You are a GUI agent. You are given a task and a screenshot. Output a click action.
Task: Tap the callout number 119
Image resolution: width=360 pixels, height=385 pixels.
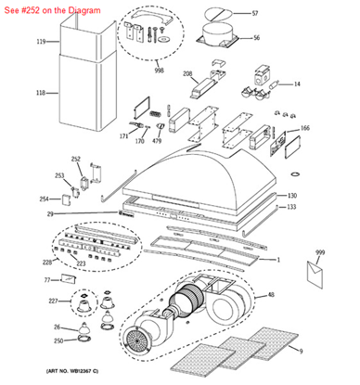41,43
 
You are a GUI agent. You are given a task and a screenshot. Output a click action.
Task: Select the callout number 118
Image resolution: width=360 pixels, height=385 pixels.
41,93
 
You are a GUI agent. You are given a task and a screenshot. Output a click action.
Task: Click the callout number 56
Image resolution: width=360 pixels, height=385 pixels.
256,38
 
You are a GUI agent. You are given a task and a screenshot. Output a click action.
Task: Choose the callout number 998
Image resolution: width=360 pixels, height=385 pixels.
159,70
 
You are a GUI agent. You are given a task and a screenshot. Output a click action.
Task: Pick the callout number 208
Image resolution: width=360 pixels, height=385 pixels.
186,73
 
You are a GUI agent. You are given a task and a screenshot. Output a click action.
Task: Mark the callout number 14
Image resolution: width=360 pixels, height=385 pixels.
297,84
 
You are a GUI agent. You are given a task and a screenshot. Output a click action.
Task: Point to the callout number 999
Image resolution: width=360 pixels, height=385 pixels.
320,252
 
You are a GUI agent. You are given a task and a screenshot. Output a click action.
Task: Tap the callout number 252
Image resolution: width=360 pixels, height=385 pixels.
76,159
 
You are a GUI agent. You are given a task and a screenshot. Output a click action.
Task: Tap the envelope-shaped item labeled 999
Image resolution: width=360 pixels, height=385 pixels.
316,270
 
